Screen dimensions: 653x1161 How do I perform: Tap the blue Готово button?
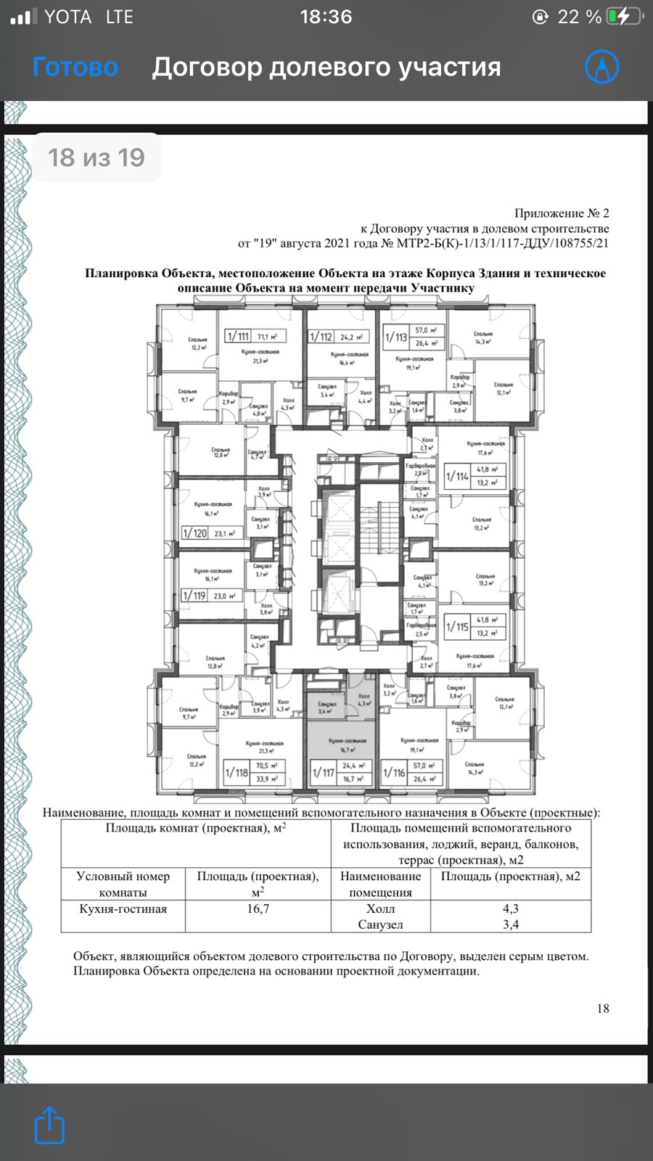pyautogui.click(x=75, y=67)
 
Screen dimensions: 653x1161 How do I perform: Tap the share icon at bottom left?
pyautogui.click(x=49, y=1125)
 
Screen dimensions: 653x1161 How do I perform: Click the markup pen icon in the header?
pyautogui.click(x=601, y=67)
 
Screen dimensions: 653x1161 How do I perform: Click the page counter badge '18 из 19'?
pyautogui.click(x=96, y=157)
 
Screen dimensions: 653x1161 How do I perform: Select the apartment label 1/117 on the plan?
pyautogui.click(x=323, y=773)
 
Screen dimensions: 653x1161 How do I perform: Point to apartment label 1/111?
pyautogui.click(x=238, y=336)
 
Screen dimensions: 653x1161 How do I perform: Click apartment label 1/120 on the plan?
pyautogui.click(x=194, y=533)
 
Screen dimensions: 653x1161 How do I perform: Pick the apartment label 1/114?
pyautogui.click(x=457, y=476)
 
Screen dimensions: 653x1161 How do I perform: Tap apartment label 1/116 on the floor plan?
pyautogui.click(x=394, y=773)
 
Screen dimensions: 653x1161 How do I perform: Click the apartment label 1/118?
pyautogui.click(x=237, y=773)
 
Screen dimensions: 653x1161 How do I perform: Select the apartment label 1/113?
pyautogui.click(x=396, y=337)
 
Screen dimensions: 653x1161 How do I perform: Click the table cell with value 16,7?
pyautogui.click(x=258, y=908)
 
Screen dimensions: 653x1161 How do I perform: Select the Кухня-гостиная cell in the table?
pyautogui.click(x=123, y=908)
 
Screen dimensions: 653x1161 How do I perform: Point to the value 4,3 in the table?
pyautogui.click(x=511, y=908)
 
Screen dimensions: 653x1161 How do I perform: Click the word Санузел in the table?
pyautogui.click(x=380, y=924)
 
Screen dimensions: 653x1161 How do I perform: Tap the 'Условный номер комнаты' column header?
pyautogui.click(x=123, y=884)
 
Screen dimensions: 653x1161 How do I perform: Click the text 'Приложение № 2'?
pyautogui.click(x=562, y=213)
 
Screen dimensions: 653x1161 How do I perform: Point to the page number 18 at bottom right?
pyautogui.click(x=603, y=1008)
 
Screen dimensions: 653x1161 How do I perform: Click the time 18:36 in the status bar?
pyautogui.click(x=326, y=17)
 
